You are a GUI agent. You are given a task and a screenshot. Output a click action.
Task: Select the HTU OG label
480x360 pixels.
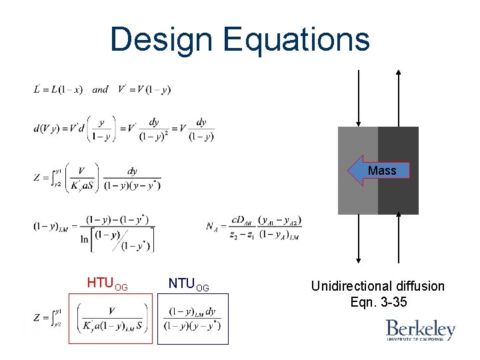pos(107,285)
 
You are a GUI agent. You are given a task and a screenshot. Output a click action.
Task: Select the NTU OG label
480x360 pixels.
pos(189,285)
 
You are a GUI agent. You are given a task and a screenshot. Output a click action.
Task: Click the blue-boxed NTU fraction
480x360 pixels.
pos(192,319)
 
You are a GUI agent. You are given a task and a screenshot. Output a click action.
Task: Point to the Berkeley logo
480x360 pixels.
pos(421,329)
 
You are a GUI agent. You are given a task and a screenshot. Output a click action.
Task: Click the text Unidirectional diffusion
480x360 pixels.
pos(377,286)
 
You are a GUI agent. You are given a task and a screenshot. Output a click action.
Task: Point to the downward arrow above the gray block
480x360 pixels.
pos(359,97)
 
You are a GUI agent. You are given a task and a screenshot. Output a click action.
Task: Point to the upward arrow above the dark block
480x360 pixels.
pos(399,97)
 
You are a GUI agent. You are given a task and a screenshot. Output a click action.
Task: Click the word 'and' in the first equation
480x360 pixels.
pos(100,89)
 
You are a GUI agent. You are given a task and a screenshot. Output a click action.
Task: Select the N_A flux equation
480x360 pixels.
pos(254,227)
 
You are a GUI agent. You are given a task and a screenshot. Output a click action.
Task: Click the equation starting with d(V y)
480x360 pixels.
pos(124,129)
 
